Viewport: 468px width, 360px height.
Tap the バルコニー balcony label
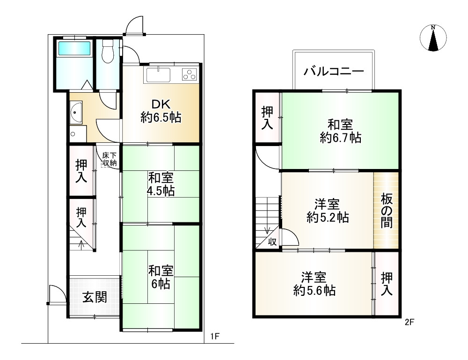(334, 72)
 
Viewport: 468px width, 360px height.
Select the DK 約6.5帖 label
(161, 111)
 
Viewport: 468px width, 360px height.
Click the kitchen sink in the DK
(158, 74)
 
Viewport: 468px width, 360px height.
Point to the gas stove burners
(190, 74)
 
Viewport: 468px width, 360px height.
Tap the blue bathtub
(74, 48)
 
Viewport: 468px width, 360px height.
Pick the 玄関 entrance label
(95, 297)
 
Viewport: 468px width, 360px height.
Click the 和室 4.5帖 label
(161, 184)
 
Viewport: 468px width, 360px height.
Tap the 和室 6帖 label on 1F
(161, 277)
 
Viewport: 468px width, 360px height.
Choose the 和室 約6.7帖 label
(340, 131)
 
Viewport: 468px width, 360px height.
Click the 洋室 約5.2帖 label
(327, 211)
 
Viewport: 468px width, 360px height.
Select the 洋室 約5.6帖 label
(314, 283)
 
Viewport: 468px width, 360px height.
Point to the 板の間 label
(387, 211)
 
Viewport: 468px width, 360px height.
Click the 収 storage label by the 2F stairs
(272, 242)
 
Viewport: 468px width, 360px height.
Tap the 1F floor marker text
(215, 336)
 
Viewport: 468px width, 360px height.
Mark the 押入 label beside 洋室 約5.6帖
(387, 284)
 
